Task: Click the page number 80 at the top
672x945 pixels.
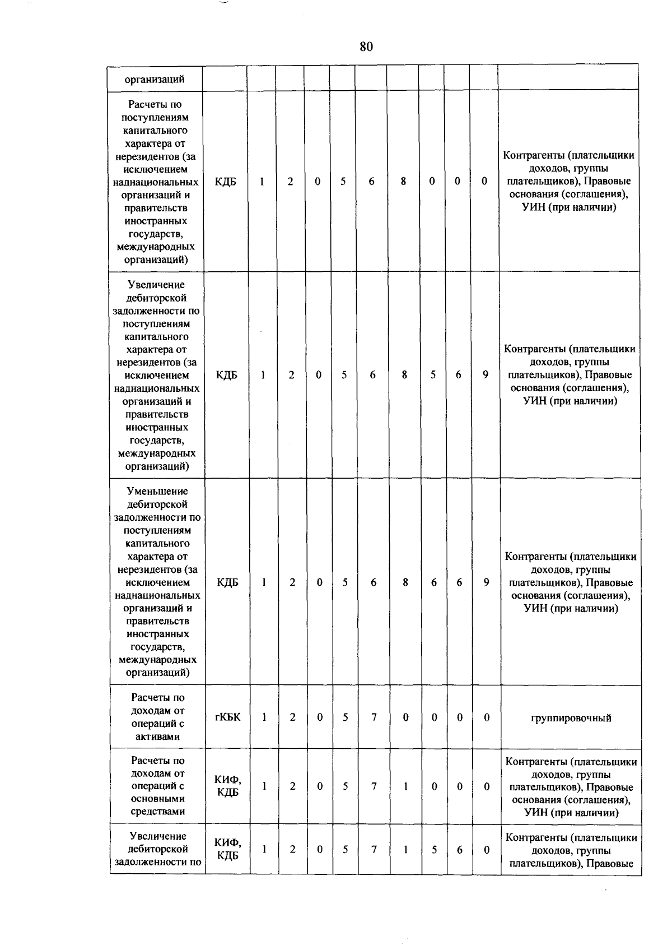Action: click(366, 47)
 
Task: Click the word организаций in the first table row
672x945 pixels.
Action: click(155, 79)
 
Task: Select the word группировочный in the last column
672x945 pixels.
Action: click(571, 718)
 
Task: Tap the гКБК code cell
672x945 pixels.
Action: click(227, 717)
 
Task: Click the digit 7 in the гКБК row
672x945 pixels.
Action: click(374, 717)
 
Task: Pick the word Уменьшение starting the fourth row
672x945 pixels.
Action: click(157, 492)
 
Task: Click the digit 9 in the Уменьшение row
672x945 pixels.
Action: click(486, 582)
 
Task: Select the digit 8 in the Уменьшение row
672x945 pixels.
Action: click(405, 582)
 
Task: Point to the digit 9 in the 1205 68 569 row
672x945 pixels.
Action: click(486, 375)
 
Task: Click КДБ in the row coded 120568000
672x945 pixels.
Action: click(225, 182)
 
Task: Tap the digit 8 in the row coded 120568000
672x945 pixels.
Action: click(403, 182)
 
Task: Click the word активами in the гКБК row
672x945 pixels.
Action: click(158, 736)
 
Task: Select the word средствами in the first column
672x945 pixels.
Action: click(158, 812)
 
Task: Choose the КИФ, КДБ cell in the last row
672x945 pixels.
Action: click(228, 849)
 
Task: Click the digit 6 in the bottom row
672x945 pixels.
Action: click(459, 850)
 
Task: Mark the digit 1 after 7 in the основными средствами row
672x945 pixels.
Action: click(405, 786)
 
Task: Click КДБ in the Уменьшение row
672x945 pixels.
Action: click(227, 582)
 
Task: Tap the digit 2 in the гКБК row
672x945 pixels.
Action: click(292, 717)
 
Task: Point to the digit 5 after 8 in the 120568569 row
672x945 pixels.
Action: click(433, 375)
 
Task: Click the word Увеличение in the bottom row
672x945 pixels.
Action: click(158, 836)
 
